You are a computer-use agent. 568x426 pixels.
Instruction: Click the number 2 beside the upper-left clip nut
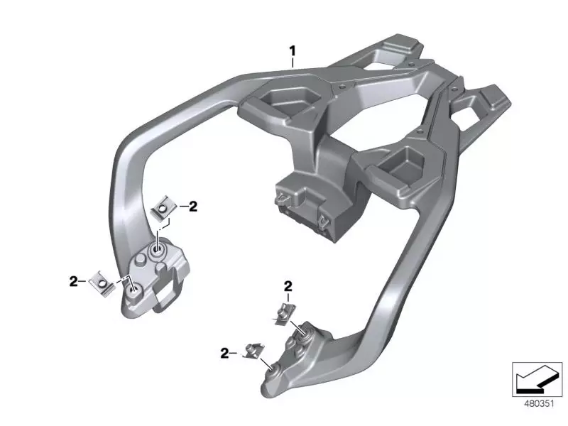pyautogui.click(x=192, y=207)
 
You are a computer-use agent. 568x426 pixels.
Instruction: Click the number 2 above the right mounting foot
pyautogui.click(x=288, y=285)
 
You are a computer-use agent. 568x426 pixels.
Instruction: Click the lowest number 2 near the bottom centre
pyautogui.click(x=224, y=351)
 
